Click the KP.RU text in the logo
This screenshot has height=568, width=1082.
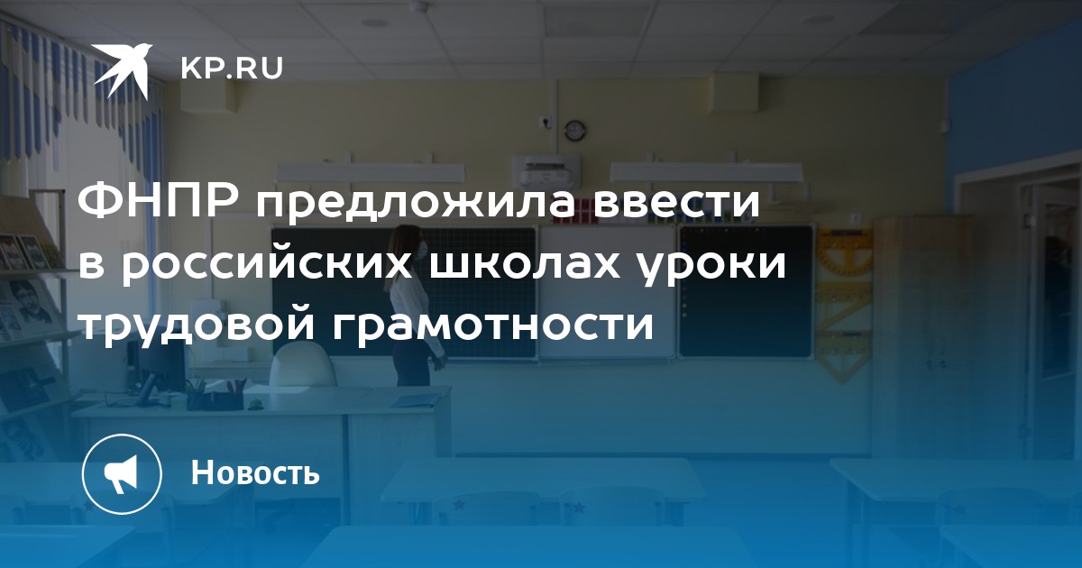click(x=232, y=69)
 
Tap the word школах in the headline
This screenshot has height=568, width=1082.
click(x=525, y=265)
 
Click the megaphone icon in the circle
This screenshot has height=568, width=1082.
click(x=121, y=473)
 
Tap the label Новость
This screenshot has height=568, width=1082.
click(x=255, y=472)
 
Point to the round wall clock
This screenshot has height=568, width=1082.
click(x=575, y=130)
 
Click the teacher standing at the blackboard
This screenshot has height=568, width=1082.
click(x=413, y=306)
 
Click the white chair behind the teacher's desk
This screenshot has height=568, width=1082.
click(x=302, y=367)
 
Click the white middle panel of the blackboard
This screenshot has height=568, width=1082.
click(x=607, y=293)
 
